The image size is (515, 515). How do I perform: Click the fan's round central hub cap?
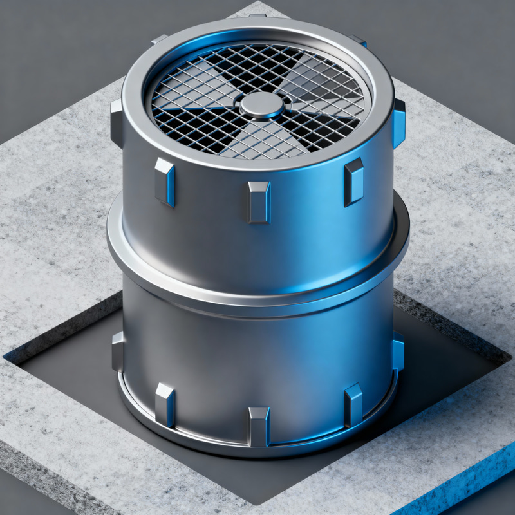pyautogui.click(x=260, y=104)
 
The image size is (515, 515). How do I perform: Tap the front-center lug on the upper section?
pyautogui.click(x=259, y=201)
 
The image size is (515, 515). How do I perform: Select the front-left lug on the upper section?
pyautogui.click(x=165, y=182)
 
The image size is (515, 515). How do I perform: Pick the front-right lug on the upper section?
pyautogui.click(x=353, y=181)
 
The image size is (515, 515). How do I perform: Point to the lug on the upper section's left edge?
pyautogui.click(x=117, y=124)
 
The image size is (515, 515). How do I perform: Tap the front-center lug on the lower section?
pyautogui.click(x=259, y=426)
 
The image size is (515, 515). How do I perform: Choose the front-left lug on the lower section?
pyautogui.click(x=165, y=404)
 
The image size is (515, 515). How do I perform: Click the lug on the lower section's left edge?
pyautogui.click(x=118, y=351)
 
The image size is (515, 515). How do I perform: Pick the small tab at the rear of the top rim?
pyautogui.click(x=257, y=15)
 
